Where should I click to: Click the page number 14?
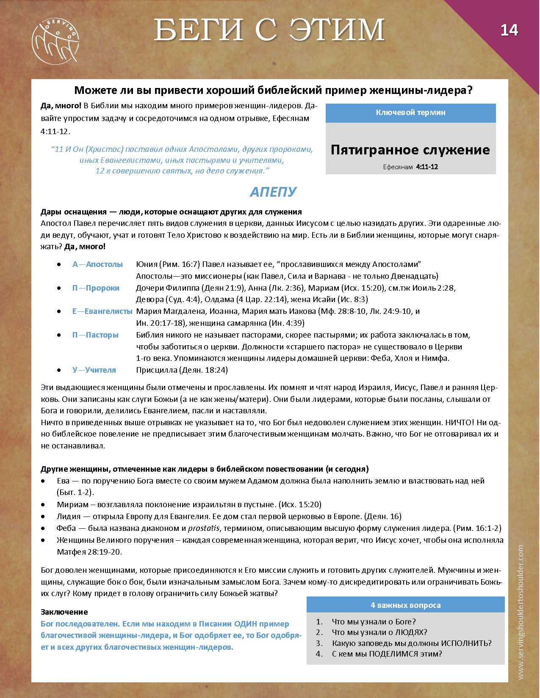509,30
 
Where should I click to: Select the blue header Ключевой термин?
410,113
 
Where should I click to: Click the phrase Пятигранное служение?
410,150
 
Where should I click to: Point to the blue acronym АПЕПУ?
273,192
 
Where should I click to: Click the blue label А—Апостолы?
97,264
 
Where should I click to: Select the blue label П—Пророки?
96,288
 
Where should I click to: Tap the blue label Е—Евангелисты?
102,311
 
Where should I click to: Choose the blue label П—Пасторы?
95,335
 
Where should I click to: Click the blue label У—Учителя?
94,370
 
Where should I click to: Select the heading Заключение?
64,612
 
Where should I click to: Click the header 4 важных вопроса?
405,605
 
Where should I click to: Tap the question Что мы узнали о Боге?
374,621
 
